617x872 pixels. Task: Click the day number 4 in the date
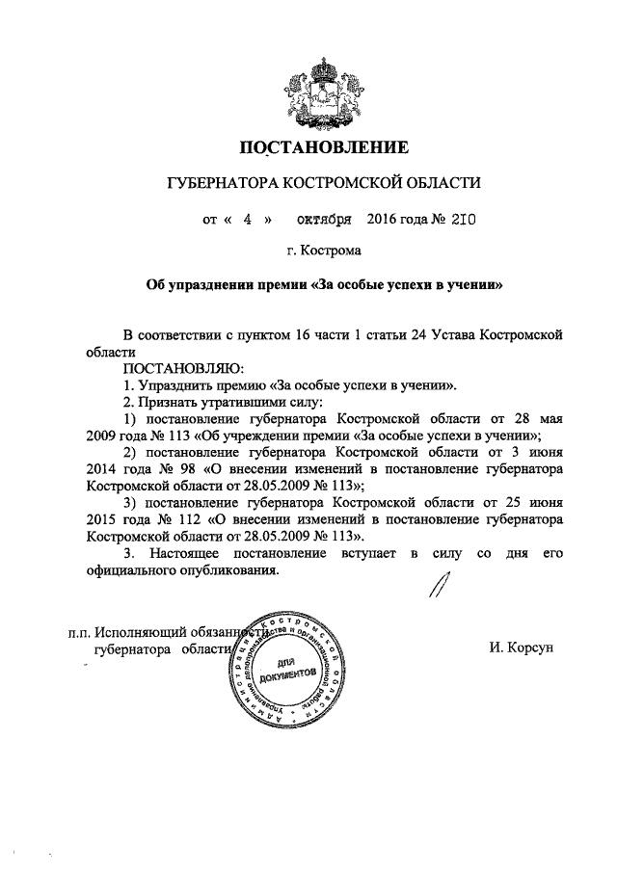pos(247,219)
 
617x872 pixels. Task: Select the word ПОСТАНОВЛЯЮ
pos(184,368)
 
